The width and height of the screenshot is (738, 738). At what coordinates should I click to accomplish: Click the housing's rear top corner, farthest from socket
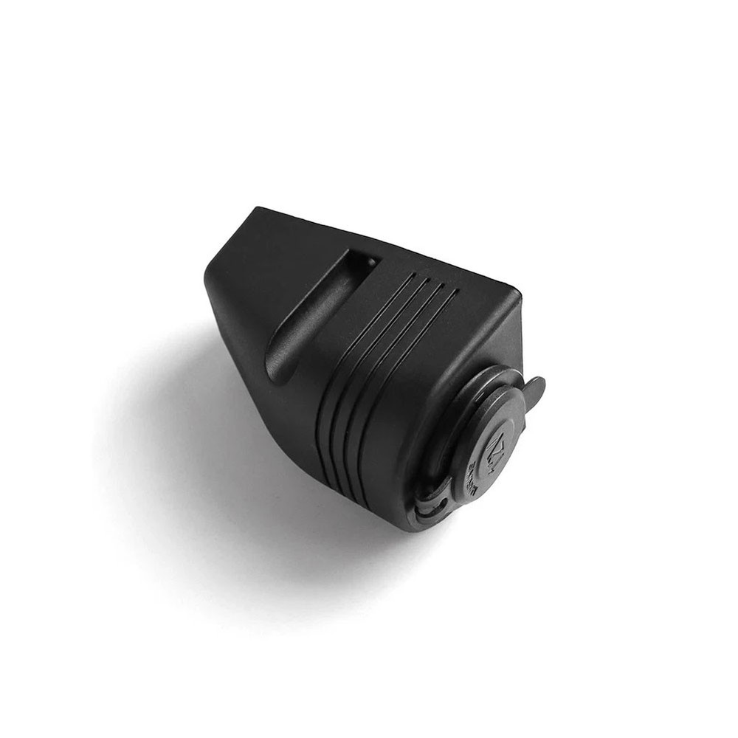(258, 209)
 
